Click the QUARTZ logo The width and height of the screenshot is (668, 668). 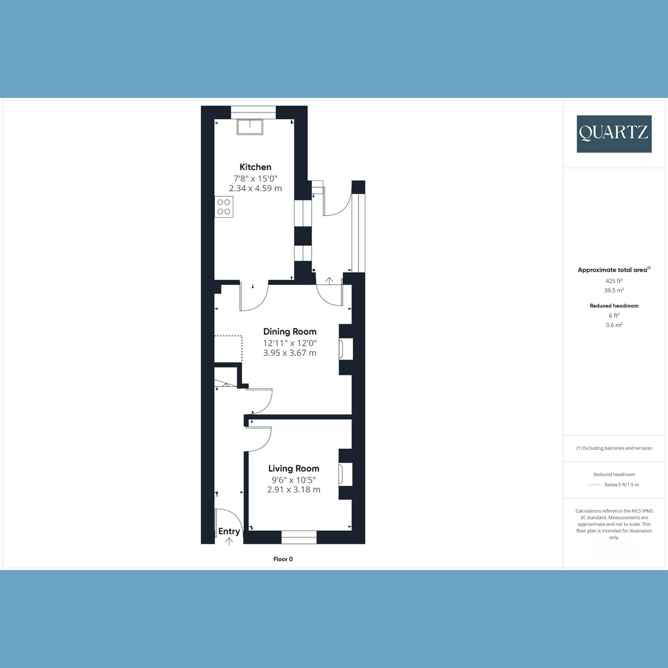tap(614, 134)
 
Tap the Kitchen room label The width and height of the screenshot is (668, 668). tap(256, 167)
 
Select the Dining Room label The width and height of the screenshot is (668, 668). tap(290, 332)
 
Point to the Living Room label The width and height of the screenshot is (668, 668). tap(293, 469)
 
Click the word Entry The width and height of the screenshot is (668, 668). tap(229, 532)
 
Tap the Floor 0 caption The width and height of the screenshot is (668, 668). tap(283, 559)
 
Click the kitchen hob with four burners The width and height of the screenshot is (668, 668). tap(224, 207)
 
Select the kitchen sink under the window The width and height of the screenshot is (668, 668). tap(250, 127)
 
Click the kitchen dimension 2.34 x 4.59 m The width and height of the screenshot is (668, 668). tap(256, 188)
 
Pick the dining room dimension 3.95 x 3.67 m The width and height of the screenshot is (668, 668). tap(290, 353)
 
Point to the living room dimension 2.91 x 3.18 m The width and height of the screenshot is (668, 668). tap(293, 490)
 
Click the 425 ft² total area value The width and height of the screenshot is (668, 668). tap(614, 281)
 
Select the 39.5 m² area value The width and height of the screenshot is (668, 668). tap(614, 291)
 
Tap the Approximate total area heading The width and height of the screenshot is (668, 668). tap(614, 270)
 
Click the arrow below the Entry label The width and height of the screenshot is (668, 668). tap(229, 541)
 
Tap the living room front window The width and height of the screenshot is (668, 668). tap(299, 537)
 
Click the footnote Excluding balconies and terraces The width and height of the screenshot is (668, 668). tap(614, 448)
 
